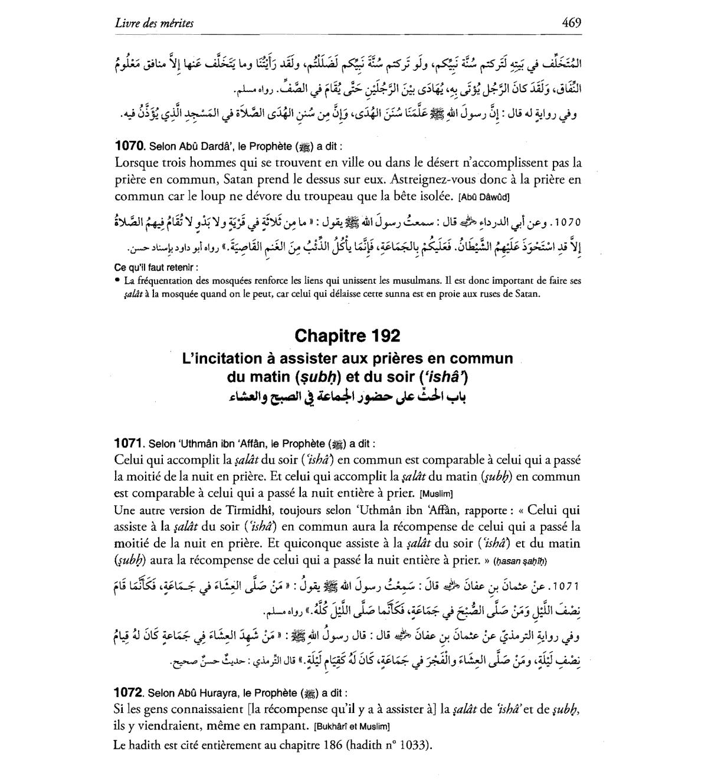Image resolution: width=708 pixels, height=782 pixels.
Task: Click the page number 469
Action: point(571,23)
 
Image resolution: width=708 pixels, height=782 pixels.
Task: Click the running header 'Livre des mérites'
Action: point(154,24)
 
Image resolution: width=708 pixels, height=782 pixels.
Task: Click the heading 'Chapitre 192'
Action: point(347,336)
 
